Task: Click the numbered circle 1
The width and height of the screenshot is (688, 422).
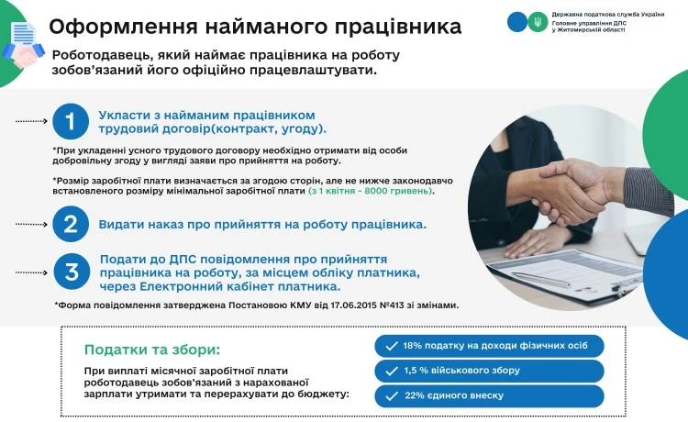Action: point(69,121)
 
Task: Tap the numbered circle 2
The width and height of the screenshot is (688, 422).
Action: point(69,224)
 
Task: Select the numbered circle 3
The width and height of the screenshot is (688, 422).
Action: point(69,271)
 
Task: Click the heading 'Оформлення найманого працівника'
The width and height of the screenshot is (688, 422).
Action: point(255,27)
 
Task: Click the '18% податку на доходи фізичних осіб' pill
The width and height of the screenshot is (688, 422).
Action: point(489,346)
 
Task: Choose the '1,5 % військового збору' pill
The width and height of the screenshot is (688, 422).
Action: point(489,371)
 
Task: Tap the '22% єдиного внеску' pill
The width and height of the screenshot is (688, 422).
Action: point(489,395)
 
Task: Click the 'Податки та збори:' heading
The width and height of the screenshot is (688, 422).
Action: point(152,350)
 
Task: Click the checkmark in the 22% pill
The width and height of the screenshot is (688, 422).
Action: point(392,395)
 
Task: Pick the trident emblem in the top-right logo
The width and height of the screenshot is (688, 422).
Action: point(539,21)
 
